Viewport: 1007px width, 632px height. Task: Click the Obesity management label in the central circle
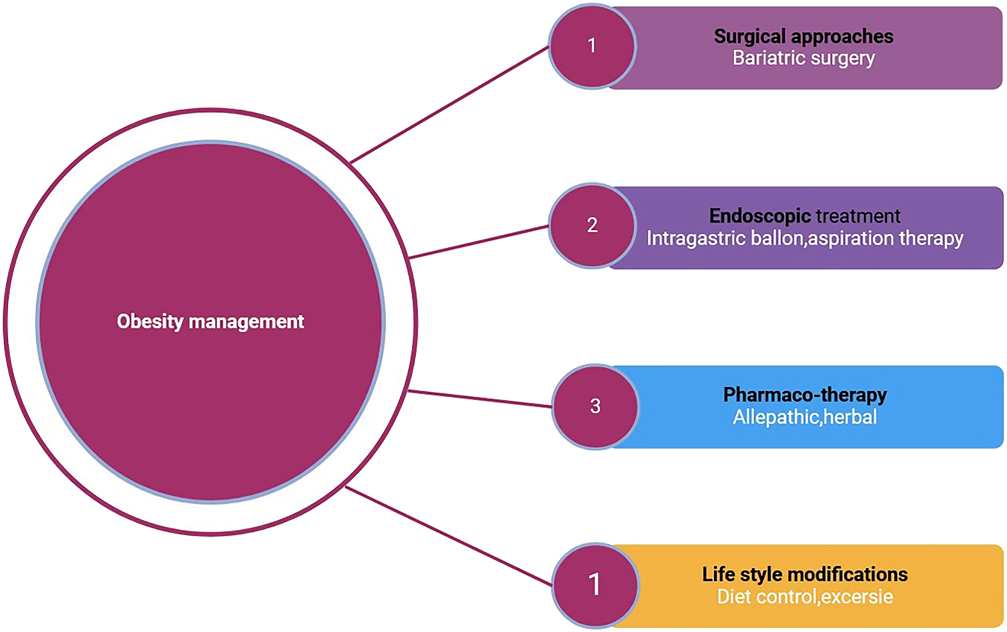210,321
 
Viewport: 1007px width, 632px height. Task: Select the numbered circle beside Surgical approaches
592,46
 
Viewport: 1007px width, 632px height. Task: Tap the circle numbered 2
592,226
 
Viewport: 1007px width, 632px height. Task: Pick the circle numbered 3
595,406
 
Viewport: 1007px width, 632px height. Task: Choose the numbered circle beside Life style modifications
595,585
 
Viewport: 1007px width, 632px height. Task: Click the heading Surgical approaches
804,36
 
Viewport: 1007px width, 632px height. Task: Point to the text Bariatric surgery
804,58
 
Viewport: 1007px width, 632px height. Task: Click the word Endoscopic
760,215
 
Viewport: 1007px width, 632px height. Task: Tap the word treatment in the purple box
858,215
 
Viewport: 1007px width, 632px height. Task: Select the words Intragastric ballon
725,238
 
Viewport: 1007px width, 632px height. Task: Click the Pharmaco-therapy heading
805,395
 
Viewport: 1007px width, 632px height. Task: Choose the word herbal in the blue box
850,417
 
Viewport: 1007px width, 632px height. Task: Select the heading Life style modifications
805,574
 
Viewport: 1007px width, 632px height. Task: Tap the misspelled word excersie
857,596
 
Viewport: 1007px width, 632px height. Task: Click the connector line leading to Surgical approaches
448,105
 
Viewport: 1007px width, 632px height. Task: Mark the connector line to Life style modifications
448,536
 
